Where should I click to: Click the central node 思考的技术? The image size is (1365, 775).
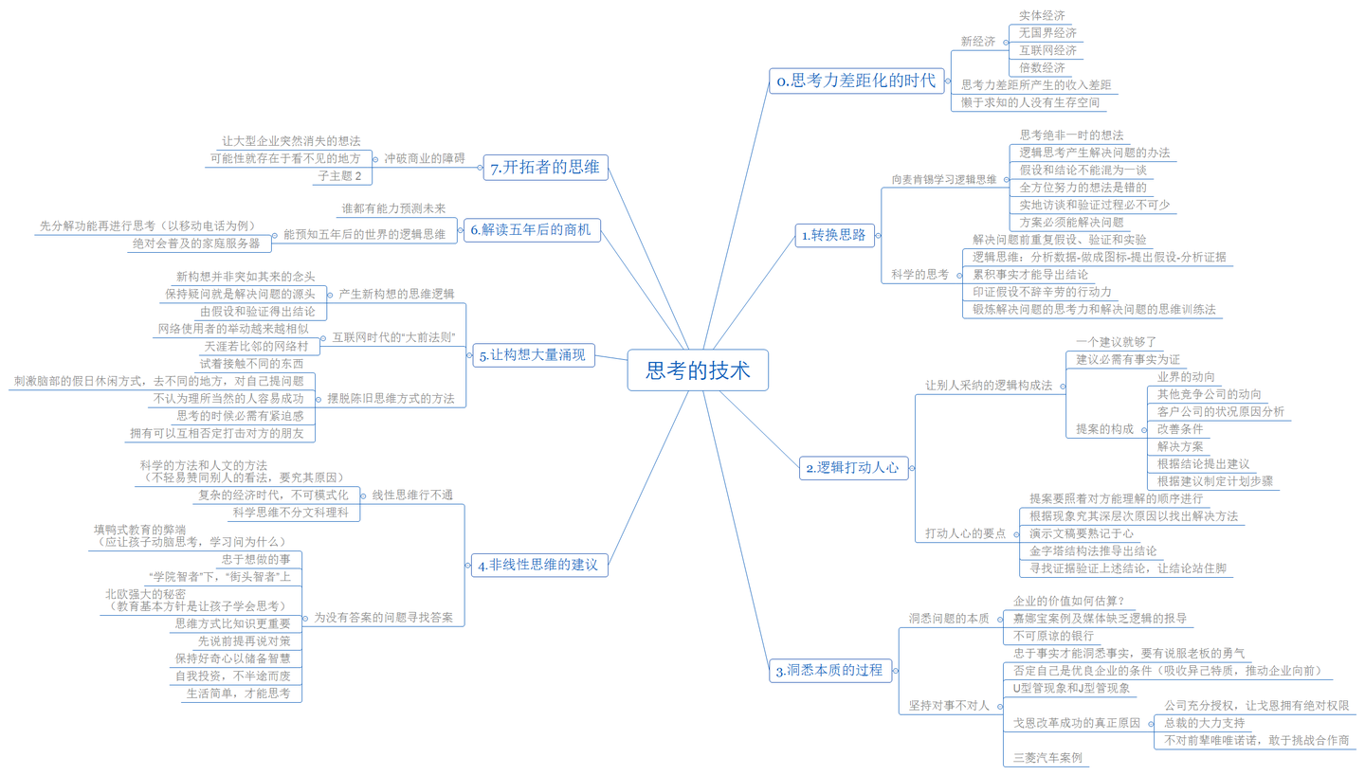coord(697,369)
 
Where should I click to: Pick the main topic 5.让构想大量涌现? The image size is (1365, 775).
coord(533,356)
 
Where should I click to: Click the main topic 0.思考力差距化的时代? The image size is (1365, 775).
coord(855,81)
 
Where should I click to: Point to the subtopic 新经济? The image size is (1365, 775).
coord(977,42)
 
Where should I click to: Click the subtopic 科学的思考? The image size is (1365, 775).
coord(919,275)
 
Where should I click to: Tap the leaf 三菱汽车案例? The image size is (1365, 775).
coord(1047,758)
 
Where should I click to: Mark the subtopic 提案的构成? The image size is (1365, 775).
coord(1104,429)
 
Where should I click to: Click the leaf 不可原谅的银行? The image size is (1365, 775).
coord(1054,636)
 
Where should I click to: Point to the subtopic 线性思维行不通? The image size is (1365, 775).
coord(412,495)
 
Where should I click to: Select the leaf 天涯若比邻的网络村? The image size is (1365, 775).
coord(256,347)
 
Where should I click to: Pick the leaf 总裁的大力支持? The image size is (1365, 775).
coord(1204,722)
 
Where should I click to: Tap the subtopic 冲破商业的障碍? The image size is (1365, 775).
coord(425,158)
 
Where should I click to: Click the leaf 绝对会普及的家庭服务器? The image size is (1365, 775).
coord(194,243)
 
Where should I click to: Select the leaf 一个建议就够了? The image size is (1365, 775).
coord(1117,341)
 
